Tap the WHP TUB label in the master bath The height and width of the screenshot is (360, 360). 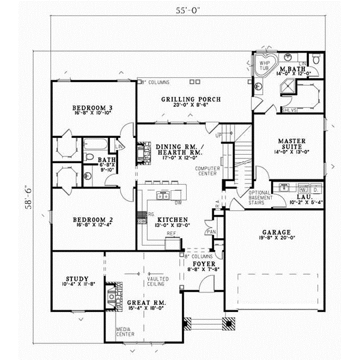(265, 64)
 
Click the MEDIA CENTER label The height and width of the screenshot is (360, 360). (125, 332)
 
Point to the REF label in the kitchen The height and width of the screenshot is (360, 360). (171, 233)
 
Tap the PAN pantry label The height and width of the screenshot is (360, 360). (211, 231)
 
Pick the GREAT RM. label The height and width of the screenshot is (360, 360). (146, 304)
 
